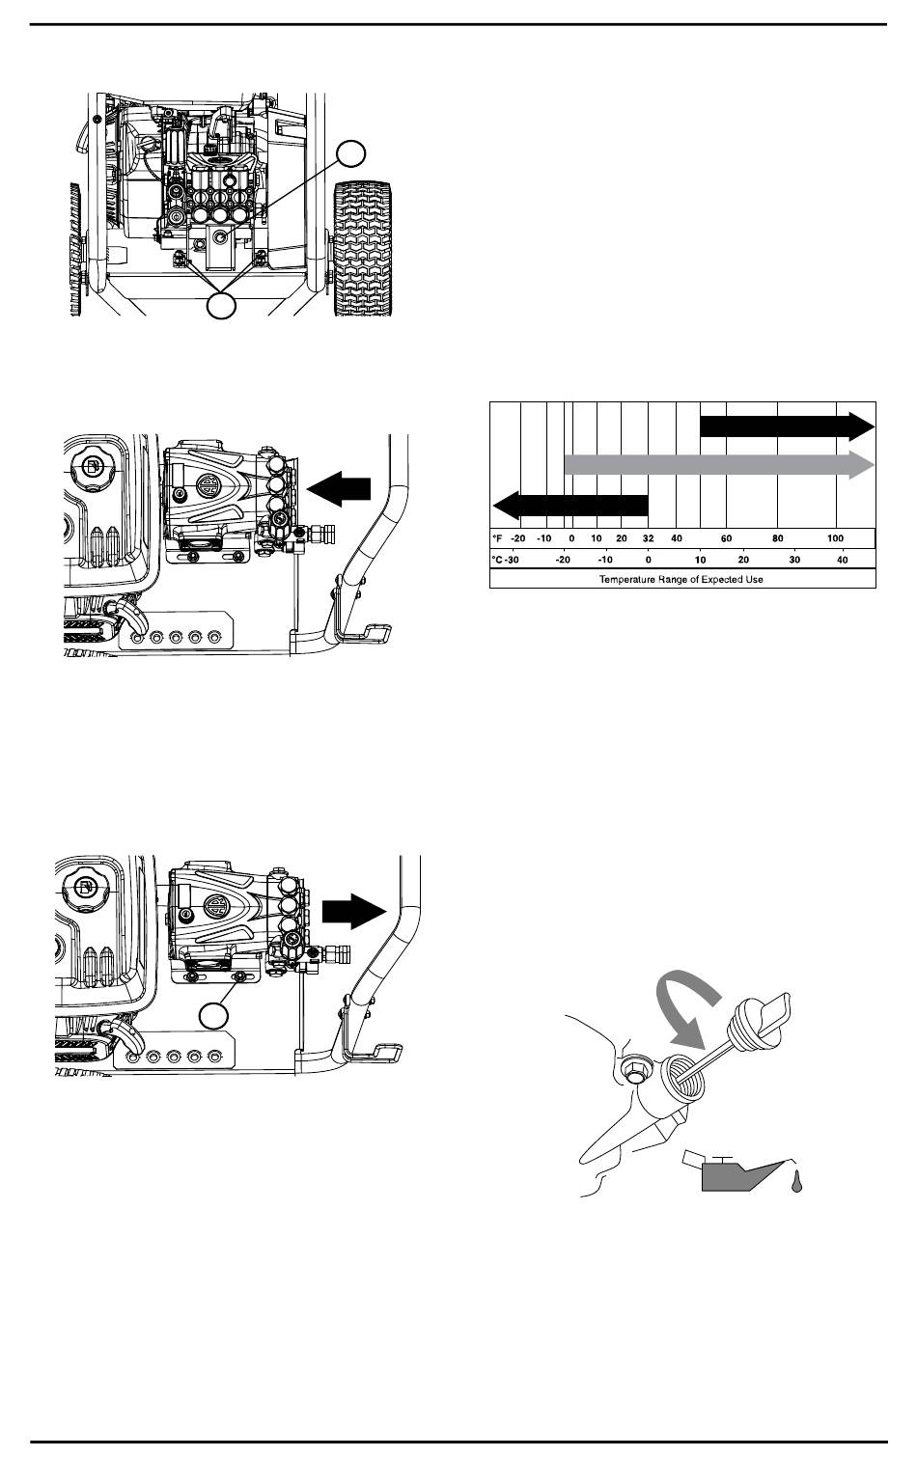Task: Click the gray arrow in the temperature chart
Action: pyautogui.click(x=719, y=464)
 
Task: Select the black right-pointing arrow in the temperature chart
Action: pyautogui.click(x=788, y=426)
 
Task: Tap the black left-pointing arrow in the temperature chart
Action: pyautogui.click(x=570, y=506)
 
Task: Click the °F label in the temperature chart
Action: pyautogui.click(x=497, y=538)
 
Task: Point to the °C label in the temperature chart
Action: pyautogui.click(x=497, y=560)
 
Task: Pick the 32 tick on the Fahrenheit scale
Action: pyautogui.click(x=648, y=538)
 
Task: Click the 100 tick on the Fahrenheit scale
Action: pyautogui.click(x=836, y=538)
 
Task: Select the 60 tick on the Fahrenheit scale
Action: pyautogui.click(x=726, y=538)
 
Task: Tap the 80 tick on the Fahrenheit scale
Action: pyautogui.click(x=778, y=538)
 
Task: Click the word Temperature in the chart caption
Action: pyautogui.click(x=625, y=580)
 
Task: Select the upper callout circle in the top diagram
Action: pyautogui.click(x=351, y=153)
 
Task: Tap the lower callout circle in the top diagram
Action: pyautogui.click(x=221, y=306)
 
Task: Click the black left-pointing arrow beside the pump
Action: pyautogui.click(x=339, y=489)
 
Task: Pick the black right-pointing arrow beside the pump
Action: pyautogui.click(x=354, y=911)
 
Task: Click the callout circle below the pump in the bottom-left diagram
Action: pyautogui.click(x=214, y=1016)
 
